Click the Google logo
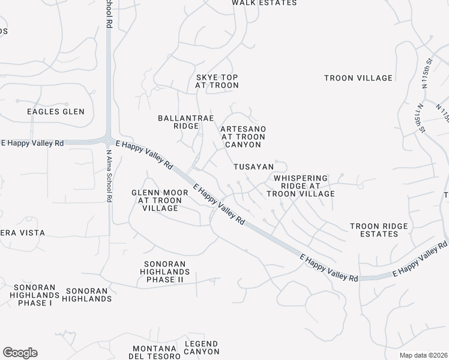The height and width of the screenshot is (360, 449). [x=20, y=353]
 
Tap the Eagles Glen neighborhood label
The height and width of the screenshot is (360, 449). [x=56, y=112]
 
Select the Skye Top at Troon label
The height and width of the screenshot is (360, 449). [x=217, y=82]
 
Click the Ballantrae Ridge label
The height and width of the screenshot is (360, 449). [x=178, y=122]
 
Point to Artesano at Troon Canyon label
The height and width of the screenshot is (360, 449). [x=243, y=137]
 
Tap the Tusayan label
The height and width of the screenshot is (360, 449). [x=254, y=166]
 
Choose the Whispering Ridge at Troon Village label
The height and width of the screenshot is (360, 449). [x=301, y=186]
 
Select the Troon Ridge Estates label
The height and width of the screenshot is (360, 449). [x=379, y=230]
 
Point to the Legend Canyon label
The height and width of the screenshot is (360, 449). [x=202, y=347]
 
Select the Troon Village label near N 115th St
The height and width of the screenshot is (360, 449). [x=358, y=78]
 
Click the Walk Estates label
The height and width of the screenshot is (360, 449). [x=264, y=3]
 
